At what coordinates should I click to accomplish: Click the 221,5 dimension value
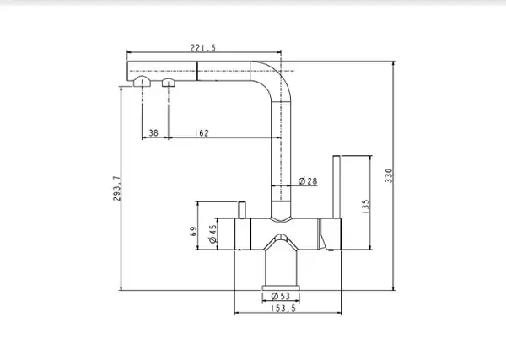(202, 48)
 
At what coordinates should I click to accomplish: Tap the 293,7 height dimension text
(117, 189)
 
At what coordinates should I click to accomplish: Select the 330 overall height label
(389, 176)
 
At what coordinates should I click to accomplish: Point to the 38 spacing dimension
(153, 132)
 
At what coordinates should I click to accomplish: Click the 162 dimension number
(202, 133)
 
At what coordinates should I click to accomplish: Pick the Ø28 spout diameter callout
(308, 181)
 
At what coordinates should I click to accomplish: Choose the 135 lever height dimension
(366, 207)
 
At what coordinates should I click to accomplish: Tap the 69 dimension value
(194, 231)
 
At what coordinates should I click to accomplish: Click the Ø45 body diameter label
(213, 234)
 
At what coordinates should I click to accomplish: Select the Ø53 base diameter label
(281, 295)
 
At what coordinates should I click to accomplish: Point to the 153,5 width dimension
(283, 308)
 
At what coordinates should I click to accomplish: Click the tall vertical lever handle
(336, 187)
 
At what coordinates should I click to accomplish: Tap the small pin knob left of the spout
(242, 210)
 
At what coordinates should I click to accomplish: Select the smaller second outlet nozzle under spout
(169, 83)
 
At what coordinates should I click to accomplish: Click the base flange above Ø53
(281, 287)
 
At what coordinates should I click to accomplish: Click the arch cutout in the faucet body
(281, 242)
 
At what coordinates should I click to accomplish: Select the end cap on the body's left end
(242, 234)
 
